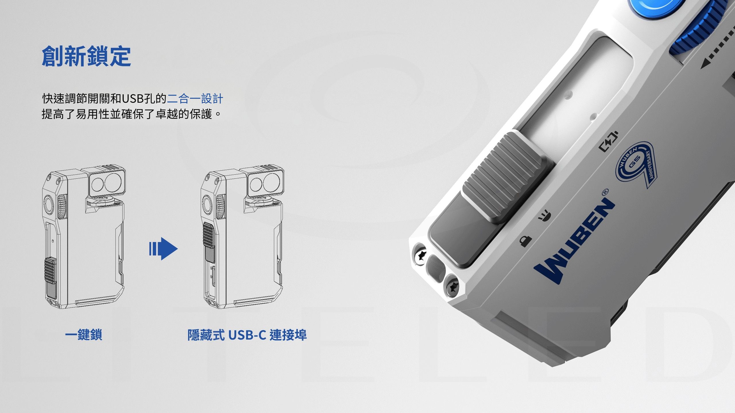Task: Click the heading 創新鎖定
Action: coord(86,57)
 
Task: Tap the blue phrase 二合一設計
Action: coord(195,99)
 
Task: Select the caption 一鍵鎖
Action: coord(84,335)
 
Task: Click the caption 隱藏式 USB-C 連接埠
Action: coord(247,335)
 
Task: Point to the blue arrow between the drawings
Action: coord(163,249)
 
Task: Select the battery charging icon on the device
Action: coord(609,141)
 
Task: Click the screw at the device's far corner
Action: coord(420,254)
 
